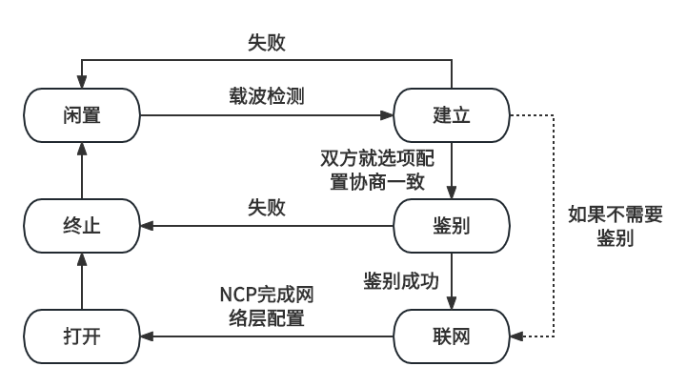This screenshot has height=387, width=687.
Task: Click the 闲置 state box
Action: tap(82, 115)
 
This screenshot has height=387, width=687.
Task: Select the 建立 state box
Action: tap(452, 115)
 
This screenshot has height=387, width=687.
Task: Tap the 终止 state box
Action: tap(82, 226)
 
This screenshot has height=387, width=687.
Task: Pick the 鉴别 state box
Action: tap(452, 226)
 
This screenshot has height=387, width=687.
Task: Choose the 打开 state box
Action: tap(82, 336)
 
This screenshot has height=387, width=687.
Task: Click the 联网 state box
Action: tap(452, 336)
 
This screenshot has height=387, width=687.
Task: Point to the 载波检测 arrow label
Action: tap(266, 97)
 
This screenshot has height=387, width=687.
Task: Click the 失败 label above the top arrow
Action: tap(266, 43)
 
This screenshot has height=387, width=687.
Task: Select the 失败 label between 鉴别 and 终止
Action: tap(266, 207)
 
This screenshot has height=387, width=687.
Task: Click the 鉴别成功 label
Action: tap(400, 281)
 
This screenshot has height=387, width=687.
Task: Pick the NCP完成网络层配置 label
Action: tap(266, 306)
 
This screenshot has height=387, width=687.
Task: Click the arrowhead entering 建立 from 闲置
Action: tap(388, 115)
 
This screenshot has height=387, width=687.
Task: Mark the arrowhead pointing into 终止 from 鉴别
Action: tap(146, 226)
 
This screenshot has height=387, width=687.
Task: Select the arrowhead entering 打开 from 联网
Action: tap(146, 336)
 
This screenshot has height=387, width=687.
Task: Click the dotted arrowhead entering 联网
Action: tap(515, 336)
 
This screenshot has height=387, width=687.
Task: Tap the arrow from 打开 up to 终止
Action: tap(82, 281)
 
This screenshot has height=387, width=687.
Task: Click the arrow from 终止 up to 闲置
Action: tap(82, 172)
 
